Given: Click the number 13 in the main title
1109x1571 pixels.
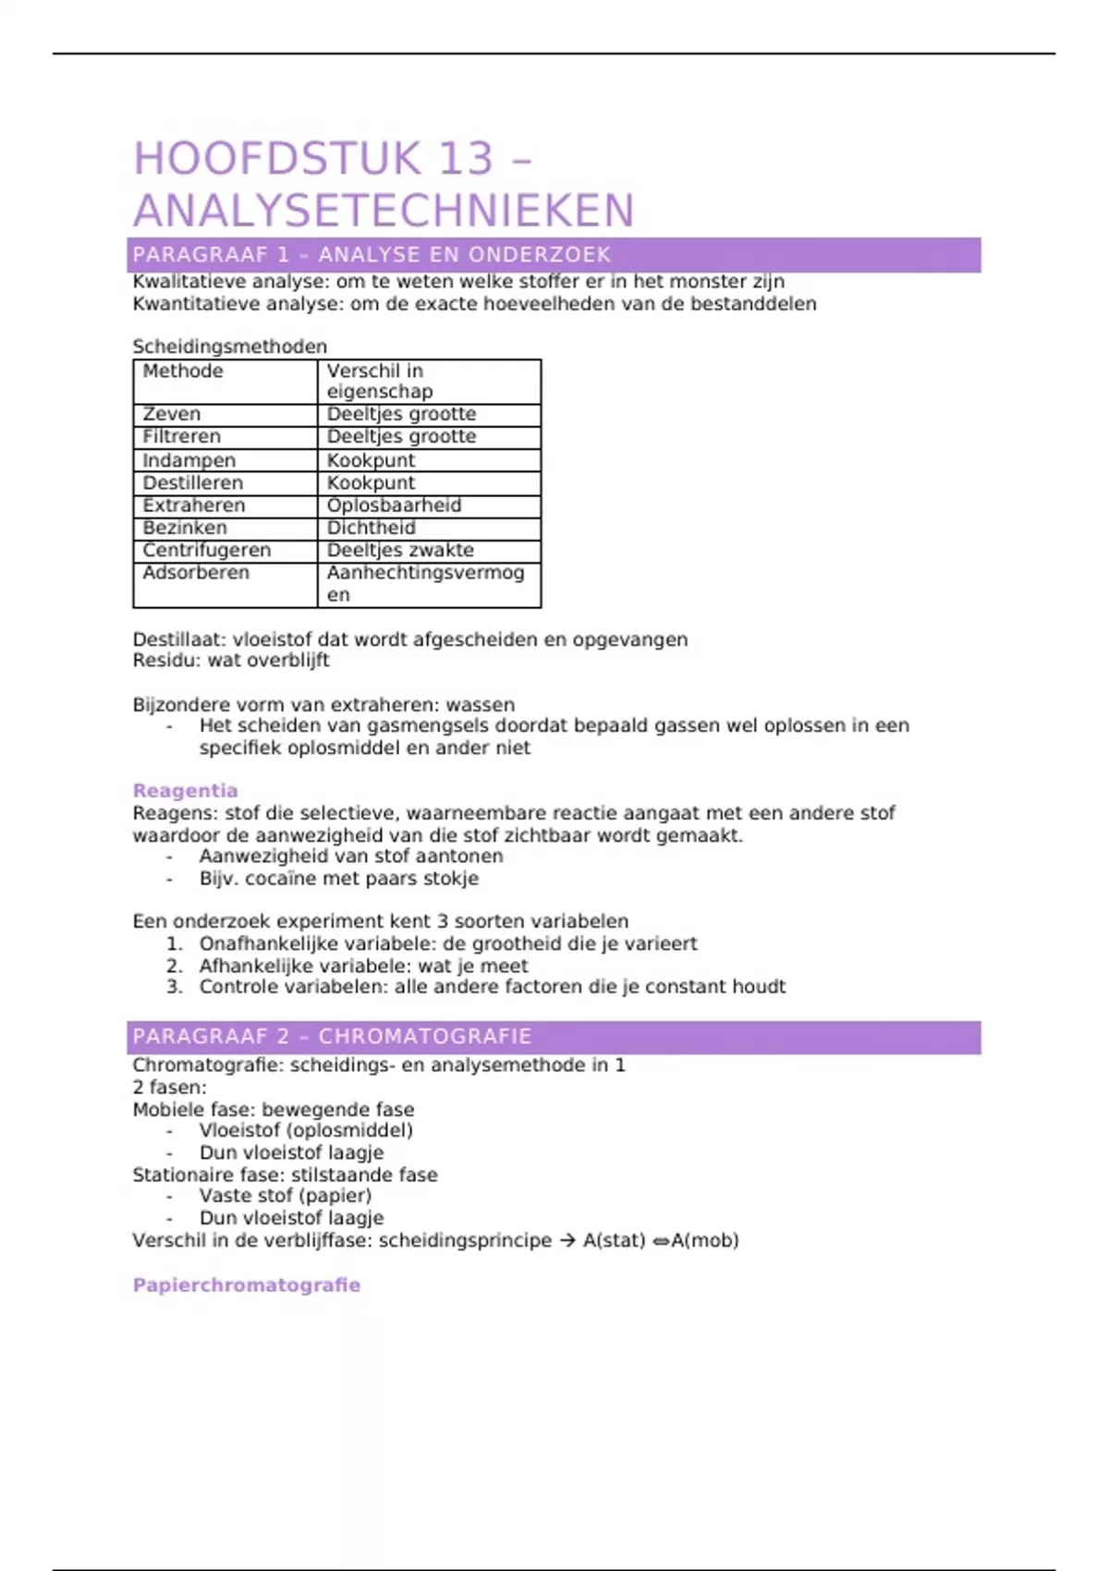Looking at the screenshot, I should tap(467, 159).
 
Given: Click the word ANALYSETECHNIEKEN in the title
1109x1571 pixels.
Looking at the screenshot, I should tap(384, 211).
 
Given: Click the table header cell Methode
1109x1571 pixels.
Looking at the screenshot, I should tap(183, 371).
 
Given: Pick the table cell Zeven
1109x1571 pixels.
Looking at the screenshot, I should tap(172, 414).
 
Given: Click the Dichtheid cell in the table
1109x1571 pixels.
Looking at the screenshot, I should tap(372, 528).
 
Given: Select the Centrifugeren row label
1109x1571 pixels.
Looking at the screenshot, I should tap(207, 550).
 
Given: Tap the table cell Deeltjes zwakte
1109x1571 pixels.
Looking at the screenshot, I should tap(400, 550).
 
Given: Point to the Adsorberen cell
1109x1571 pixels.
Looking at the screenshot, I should tap(196, 573).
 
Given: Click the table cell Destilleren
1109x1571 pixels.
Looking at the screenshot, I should tap(193, 482).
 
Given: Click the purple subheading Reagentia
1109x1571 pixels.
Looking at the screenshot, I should tap(186, 791).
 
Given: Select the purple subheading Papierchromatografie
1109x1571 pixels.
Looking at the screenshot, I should tap(247, 1285).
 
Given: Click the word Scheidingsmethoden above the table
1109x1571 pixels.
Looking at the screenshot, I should tap(230, 347).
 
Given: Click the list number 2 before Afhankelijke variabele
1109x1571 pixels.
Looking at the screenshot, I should tap(175, 967).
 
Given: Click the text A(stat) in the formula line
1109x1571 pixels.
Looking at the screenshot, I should tap(614, 1240).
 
